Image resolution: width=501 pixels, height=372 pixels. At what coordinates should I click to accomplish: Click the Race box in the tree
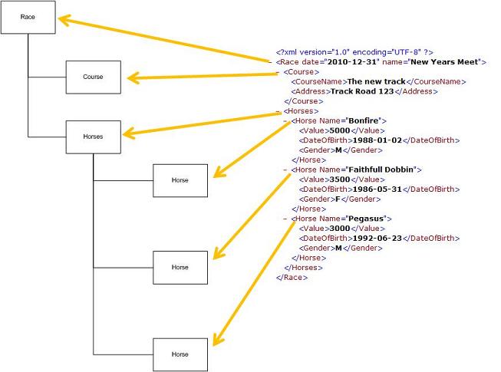pos(28,16)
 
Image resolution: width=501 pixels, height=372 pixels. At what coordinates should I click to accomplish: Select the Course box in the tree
pos(93,77)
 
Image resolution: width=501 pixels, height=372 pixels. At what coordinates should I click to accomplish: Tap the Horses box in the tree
pos(93,137)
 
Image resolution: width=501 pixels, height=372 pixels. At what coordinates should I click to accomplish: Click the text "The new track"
pos(375,81)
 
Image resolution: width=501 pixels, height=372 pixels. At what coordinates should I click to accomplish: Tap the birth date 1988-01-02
pos(375,140)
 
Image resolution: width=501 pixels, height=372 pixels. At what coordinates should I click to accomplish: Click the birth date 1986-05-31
pos(375,189)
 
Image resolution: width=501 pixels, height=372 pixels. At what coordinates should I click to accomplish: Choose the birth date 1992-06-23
pos(375,239)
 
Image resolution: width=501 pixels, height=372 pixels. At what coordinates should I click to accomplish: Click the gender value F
pos(338,199)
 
